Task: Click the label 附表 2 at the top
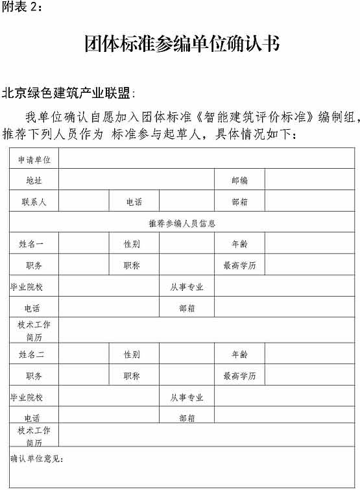[23, 7]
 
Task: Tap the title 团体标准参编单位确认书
[182, 43]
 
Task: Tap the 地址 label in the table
[34, 180]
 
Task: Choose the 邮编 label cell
[239, 180]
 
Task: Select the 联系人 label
[34, 202]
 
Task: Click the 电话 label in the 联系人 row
[134, 202]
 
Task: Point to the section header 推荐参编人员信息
[182, 223]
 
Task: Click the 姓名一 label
[34, 244]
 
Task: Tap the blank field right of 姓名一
[84, 244]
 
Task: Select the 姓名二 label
[34, 354]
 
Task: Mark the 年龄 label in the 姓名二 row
[239, 354]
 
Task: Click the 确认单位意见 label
[37, 459]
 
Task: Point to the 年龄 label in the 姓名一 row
[239, 244]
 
